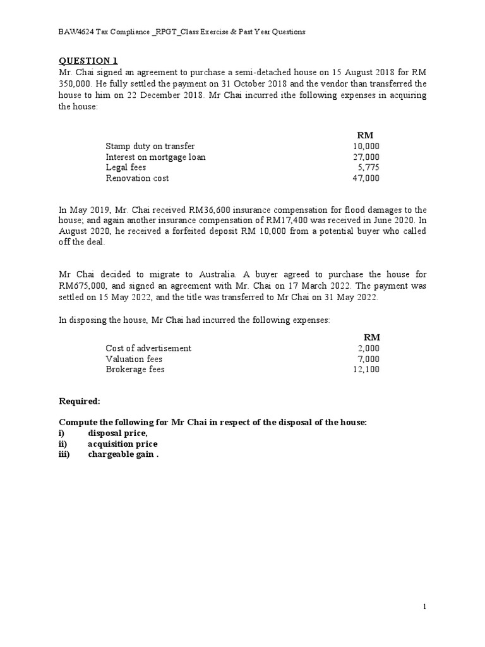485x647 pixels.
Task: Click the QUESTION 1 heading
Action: point(88,61)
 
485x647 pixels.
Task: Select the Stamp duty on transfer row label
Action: point(150,146)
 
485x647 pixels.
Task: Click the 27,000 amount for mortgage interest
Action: point(366,157)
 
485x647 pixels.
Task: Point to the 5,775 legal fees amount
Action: point(369,167)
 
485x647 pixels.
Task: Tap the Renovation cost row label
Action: point(137,178)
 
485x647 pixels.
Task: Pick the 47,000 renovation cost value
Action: point(366,178)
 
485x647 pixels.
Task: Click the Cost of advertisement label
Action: point(148,348)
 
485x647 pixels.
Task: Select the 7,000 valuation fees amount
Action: point(369,359)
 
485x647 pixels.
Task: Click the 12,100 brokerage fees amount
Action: point(366,369)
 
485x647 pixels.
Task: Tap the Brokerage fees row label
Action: point(135,369)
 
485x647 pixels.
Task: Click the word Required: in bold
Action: point(80,401)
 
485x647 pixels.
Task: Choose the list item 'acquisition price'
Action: point(123,444)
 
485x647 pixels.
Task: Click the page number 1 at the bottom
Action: point(425,607)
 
